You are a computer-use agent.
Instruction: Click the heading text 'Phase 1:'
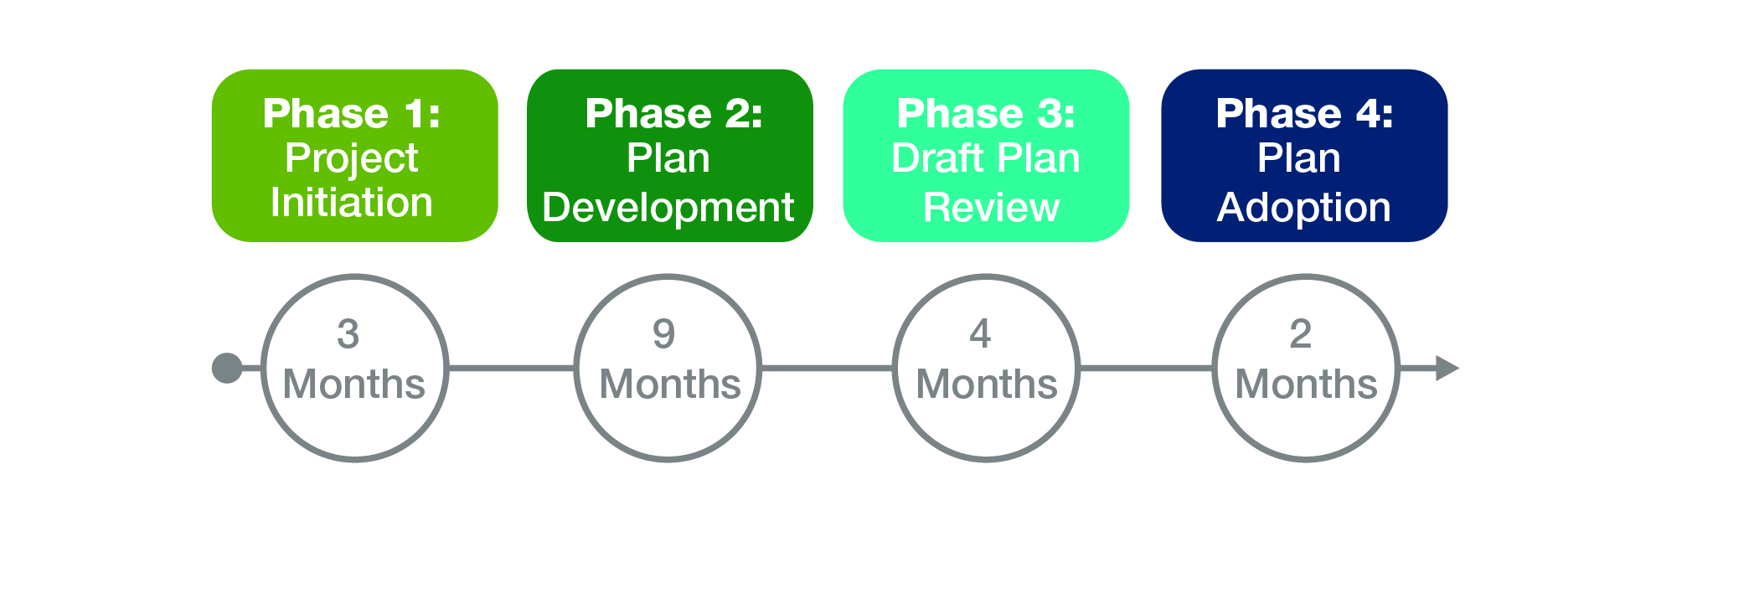[352, 114]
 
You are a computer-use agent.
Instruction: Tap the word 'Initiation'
[352, 203]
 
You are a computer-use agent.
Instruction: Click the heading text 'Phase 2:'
[674, 114]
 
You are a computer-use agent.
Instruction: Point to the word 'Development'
[668, 209]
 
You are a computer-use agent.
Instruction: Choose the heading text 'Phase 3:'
[987, 114]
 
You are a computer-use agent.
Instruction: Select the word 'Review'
[992, 208]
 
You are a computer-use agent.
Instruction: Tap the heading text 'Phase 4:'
[1305, 114]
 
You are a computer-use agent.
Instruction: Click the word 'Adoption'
[1304, 209]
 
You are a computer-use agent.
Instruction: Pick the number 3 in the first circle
[348, 334]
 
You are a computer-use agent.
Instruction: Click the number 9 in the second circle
[664, 334]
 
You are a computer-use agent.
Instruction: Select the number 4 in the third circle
[981, 334]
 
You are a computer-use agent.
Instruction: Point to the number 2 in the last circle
[1301, 334]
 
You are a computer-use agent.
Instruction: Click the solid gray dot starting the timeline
[227, 368]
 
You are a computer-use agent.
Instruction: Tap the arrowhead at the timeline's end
[1447, 368]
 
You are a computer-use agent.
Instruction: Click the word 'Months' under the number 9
[670, 385]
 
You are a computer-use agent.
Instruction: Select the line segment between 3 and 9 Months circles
[512, 368]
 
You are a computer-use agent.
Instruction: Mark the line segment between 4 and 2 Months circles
[1146, 368]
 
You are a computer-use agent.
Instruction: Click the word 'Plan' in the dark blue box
[1299, 158]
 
